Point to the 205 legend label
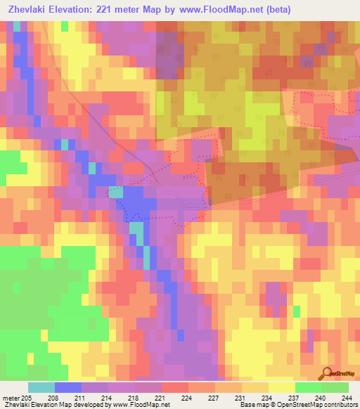[26, 398]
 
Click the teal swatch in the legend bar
[41, 387]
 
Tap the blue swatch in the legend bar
[68, 387]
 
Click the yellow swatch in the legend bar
[281, 387]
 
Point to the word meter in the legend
[12, 398]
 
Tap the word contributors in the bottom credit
[338, 405]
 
